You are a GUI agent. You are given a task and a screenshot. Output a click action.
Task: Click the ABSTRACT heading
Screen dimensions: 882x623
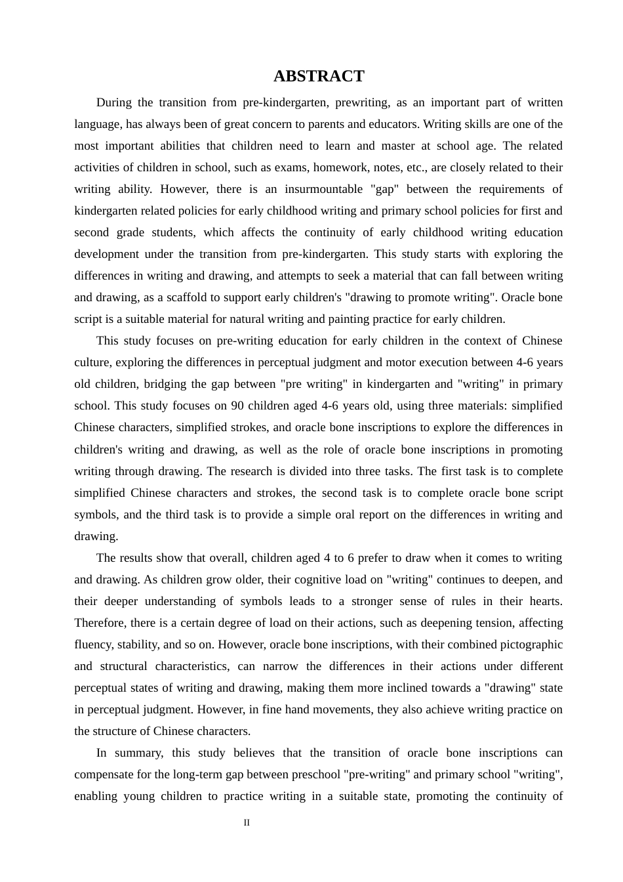(319, 76)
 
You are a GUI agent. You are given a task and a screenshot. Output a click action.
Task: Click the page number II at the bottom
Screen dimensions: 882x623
(247, 822)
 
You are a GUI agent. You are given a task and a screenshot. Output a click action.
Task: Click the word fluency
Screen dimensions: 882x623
(92, 644)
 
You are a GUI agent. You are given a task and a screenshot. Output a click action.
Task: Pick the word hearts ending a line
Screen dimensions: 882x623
(545, 601)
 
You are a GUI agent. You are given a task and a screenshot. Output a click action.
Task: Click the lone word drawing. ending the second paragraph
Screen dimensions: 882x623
(96, 536)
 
